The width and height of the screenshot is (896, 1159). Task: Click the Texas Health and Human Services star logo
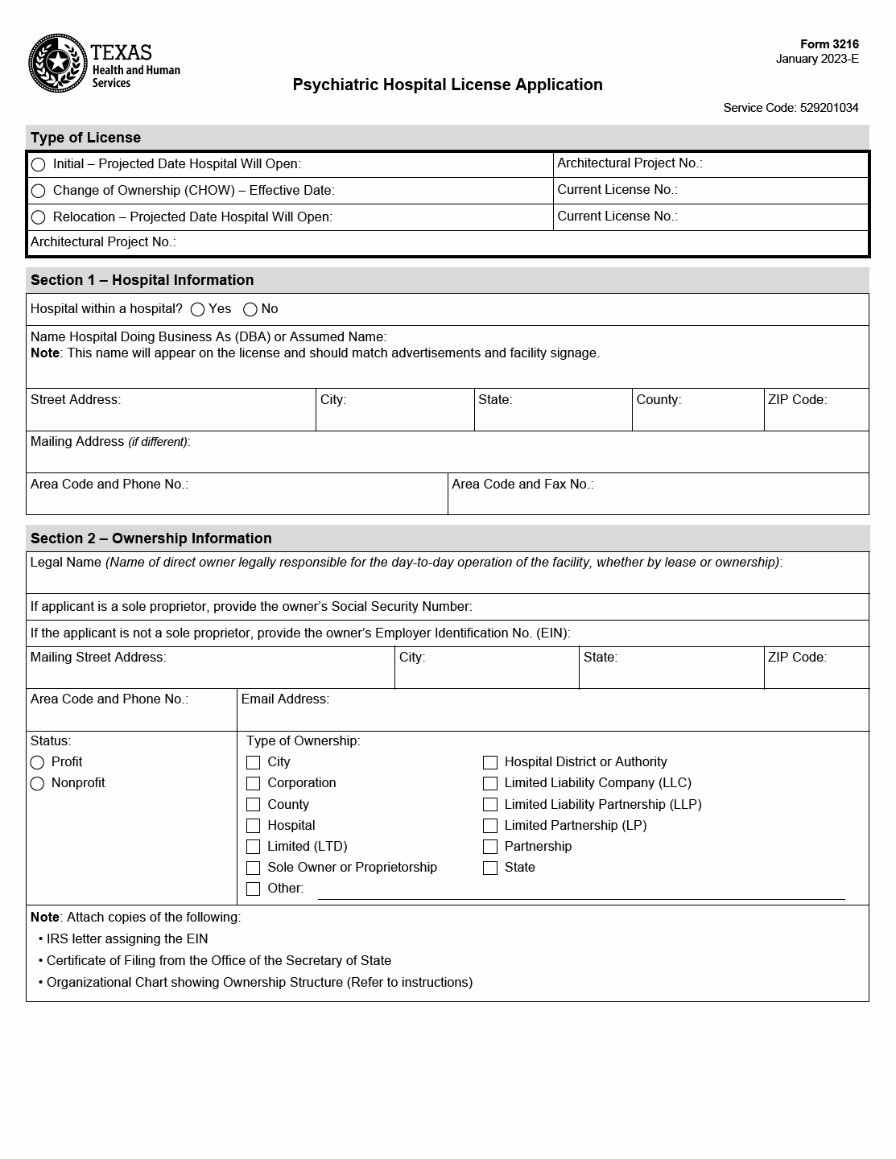pos(57,64)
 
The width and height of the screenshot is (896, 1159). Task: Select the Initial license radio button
pos(38,165)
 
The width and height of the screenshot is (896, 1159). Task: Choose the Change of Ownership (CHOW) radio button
pos(38,192)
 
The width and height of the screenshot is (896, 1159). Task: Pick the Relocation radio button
pos(38,217)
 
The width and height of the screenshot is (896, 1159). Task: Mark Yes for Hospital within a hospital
pos(198,310)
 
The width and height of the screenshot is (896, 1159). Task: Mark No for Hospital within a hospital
pos(250,310)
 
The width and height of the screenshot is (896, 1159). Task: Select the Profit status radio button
pos(37,763)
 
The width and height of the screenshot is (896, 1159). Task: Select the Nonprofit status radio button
pos(37,784)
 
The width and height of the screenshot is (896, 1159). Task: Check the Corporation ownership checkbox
pos(254,784)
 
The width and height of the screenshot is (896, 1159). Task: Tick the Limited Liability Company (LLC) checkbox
pos(490,784)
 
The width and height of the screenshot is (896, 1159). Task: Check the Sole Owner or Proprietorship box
pos(254,868)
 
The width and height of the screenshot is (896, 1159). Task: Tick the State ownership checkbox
pos(490,868)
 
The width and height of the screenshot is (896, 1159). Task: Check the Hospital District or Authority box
pos(490,763)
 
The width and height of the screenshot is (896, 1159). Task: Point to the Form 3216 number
pos(829,45)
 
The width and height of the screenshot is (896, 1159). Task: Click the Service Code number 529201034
pos(829,108)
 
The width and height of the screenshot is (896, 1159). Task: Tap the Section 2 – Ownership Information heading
pos(151,538)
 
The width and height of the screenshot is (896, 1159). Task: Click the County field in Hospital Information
pos(697,415)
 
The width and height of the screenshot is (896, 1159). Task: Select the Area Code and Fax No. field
pos(658,499)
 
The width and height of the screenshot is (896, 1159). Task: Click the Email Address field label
pos(285,699)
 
